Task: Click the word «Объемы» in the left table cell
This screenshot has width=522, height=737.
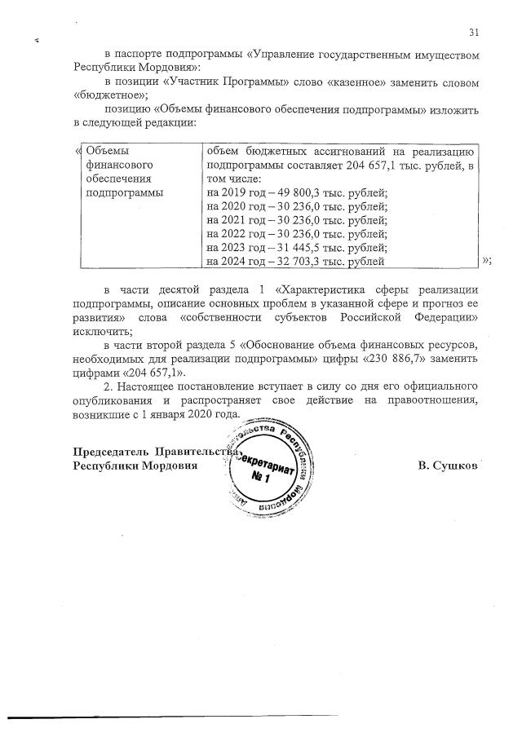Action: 108,151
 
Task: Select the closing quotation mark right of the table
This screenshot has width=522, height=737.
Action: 486,261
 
